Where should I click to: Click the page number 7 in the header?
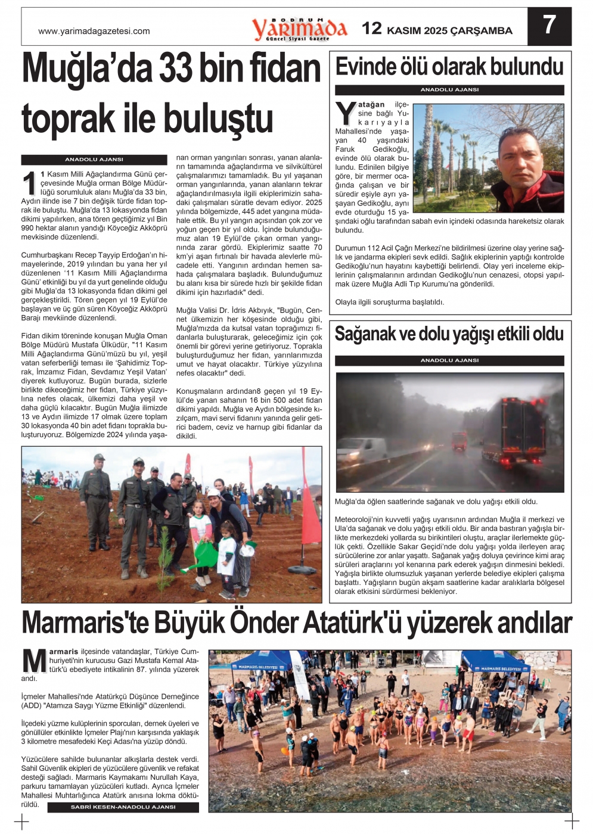549,26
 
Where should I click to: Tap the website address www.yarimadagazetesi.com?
94,31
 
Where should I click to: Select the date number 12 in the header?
372,29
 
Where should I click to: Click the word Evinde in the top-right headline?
365,67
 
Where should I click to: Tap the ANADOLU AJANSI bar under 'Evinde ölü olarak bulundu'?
449,90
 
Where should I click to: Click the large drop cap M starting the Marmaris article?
34,662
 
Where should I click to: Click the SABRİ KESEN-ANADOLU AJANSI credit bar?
123,807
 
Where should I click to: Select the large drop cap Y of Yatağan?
346,114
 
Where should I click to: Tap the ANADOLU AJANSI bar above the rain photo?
449,360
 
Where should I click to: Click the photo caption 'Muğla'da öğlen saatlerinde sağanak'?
436,502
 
